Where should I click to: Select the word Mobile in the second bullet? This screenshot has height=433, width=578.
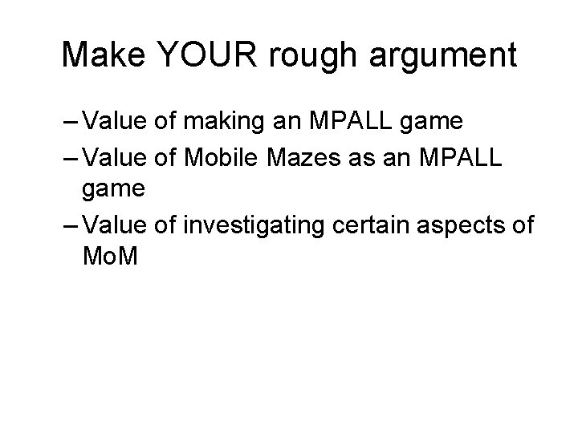[x=214, y=158]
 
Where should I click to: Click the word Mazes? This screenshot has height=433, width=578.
[x=301, y=158]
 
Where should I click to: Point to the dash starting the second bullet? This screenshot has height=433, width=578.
[x=71, y=158]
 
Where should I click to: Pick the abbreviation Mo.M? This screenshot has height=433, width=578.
[x=111, y=257]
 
